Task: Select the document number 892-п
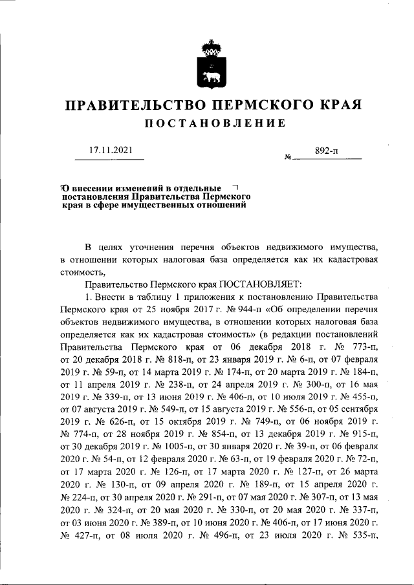point(327,151)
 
